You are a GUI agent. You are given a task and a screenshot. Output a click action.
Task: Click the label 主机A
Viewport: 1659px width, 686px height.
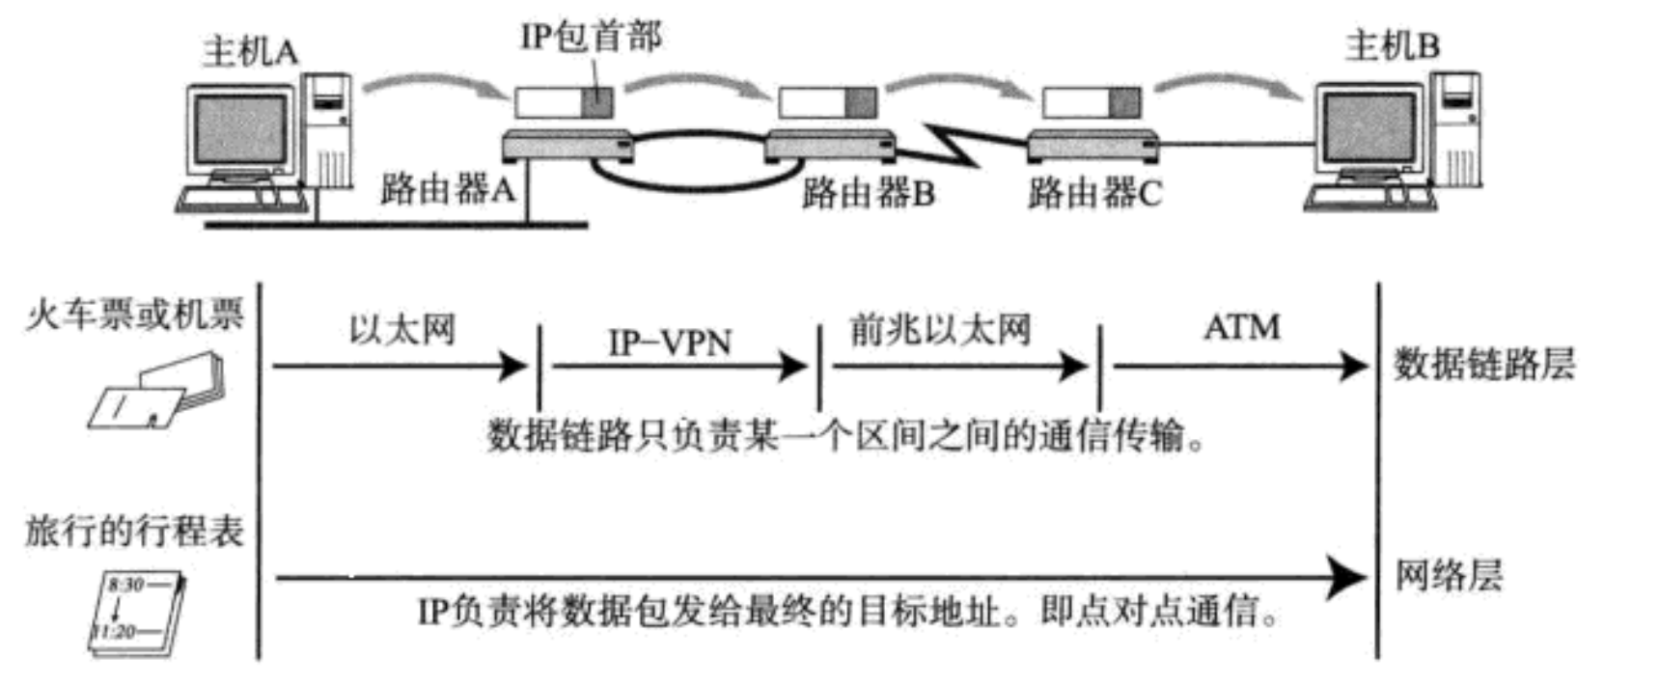coord(249,51)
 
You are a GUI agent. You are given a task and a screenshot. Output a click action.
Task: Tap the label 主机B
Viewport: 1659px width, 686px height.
coord(1392,45)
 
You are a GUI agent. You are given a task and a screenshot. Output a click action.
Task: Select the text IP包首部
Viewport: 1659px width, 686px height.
coord(591,37)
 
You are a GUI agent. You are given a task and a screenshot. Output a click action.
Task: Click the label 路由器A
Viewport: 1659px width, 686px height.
coord(447,188)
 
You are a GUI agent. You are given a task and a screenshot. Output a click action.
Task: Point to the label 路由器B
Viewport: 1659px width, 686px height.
coord(868,193)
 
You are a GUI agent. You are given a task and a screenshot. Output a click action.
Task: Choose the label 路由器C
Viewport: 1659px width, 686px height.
coord(1094,193)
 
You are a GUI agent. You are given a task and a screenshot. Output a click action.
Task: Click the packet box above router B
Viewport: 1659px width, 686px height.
coord(828,102)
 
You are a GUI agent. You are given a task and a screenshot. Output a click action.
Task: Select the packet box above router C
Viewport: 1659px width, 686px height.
coord(1091,102)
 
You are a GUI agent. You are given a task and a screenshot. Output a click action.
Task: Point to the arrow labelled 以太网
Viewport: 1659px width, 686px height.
coord(401,366)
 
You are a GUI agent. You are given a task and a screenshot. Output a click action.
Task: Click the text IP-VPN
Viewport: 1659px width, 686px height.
coord(670,342)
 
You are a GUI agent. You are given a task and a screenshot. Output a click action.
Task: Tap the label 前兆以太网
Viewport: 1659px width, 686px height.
coord(940,330)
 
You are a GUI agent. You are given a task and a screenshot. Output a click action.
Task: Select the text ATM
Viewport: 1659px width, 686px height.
coord(1241,327)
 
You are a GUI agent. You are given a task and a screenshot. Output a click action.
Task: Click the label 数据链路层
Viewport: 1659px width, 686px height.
coord(1483,364)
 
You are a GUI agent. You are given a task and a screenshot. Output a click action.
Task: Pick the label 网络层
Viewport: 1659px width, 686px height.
coord(1448,575)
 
